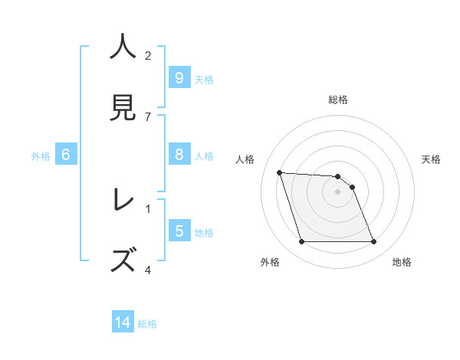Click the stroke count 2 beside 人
(148, 55)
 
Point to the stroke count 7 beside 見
(148, 116)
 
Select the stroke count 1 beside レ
(148, 208)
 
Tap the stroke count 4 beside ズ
(148, 270)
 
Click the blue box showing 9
(179, 78)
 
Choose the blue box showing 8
(179, 155)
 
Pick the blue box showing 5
(179, 231)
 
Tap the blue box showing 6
(66, 155)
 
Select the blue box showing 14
(123, 322)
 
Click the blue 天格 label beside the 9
(204, 79)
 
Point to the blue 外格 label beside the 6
(41, 155)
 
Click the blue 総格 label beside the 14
(147, 324)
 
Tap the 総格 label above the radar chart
(337, 100)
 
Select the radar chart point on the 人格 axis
(280, 172)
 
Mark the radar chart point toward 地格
(373, 242)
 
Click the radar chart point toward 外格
(301, 242)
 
